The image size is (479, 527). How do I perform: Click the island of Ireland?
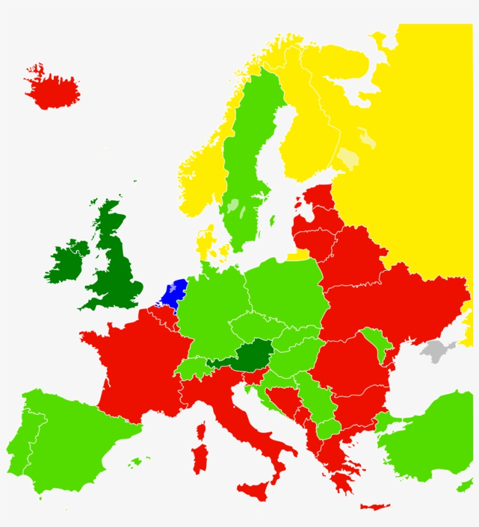pyautogui.click(x=67, y=262)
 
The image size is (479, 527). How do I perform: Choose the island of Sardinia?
pyautogui.click(x=200, y=459)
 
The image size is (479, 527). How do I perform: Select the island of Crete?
pyautogui.click(x=374, y=507)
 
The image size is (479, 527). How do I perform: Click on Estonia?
pyautogui.click(x=319, y=199)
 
